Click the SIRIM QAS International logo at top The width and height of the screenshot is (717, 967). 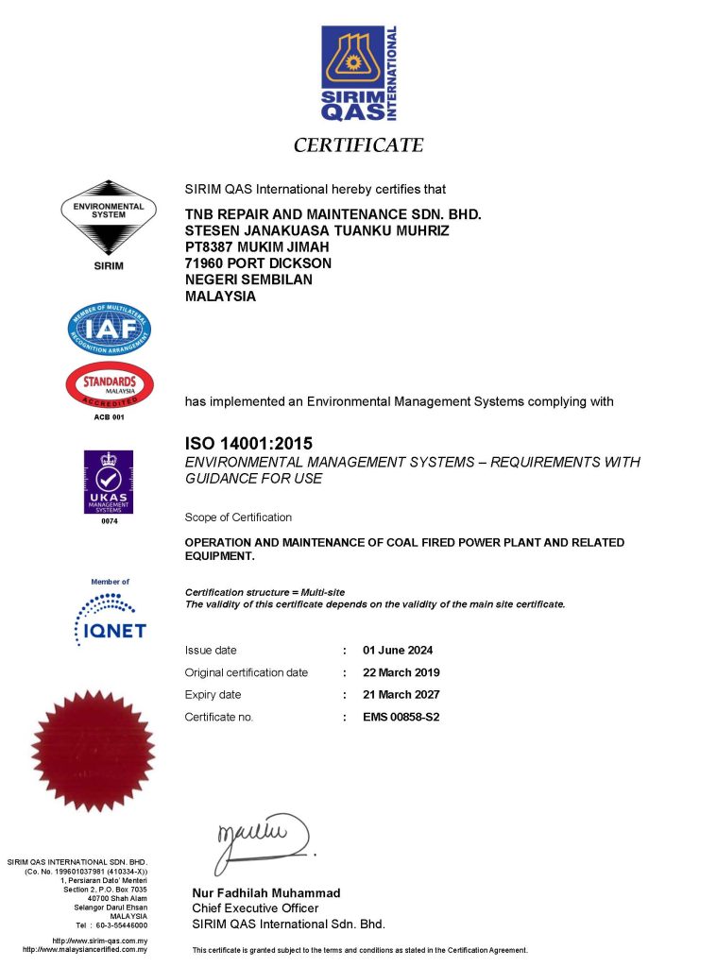(358, 73)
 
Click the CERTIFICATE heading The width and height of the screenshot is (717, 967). (358, 145)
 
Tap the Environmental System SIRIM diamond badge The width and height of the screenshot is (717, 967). (108, 219)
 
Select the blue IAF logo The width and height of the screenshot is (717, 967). (109, 329)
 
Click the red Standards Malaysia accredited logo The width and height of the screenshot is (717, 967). (109, 385)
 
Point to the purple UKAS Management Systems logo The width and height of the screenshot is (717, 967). (109, 483)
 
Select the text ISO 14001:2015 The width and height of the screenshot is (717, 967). (248, 443)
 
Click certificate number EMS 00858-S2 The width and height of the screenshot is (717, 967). (401, 717)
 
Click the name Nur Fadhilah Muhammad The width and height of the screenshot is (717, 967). (267, 892)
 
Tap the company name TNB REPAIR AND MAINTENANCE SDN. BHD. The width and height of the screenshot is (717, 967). (333, 214)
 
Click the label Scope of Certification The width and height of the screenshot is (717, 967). (238, 517)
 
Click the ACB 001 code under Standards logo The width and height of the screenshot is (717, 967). (109, 416)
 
